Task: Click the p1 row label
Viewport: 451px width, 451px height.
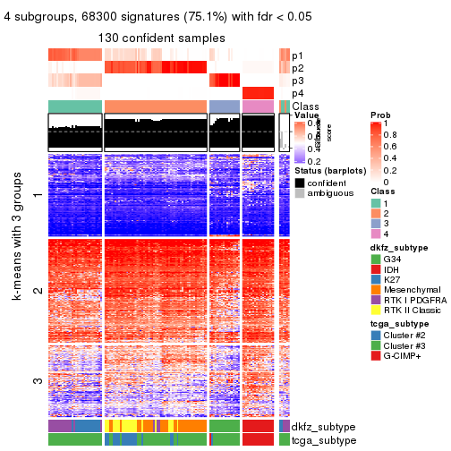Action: coord(297,55)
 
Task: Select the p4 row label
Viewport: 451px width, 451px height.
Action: coord(297,93)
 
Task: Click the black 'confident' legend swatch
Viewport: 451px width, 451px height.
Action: coord(299,182)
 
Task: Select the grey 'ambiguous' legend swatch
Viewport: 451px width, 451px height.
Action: coord(299,194)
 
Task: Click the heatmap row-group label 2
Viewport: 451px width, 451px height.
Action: coord(37,291)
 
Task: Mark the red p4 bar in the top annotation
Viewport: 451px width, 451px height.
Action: coord(258,93)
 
